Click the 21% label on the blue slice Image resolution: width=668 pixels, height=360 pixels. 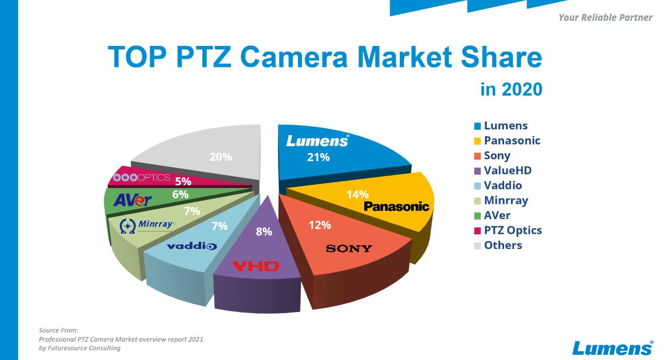pos(318,157)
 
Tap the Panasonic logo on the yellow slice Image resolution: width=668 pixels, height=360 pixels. pos(397,207)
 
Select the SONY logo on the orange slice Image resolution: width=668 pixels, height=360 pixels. pos(349,248)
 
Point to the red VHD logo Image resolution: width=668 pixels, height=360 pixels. pos(256,267)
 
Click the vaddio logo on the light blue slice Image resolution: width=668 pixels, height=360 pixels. pos(192,246)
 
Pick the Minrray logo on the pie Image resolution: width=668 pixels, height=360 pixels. pos(148,225)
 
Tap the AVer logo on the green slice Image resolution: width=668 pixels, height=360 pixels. pos(133,200)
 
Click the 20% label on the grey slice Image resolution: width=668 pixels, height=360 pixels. pos(221,157)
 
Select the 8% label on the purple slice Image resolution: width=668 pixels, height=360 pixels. pos(264,231)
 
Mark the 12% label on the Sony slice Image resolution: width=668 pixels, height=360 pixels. pos(319,225)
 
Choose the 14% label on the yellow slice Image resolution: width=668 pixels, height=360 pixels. pos(357,194)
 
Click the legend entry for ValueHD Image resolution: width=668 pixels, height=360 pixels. pos(507,171)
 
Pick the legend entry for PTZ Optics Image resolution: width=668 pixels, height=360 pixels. pos(512,230)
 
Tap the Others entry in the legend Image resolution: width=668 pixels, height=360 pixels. pos(503,245)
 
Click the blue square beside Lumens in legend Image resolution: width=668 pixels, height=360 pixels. pos(478,126)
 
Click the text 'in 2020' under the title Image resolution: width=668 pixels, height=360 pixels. pos(511,89)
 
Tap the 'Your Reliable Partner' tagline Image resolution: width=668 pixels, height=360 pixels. pos(605,18)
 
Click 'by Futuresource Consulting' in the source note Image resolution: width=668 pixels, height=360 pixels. pos(80,348)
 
